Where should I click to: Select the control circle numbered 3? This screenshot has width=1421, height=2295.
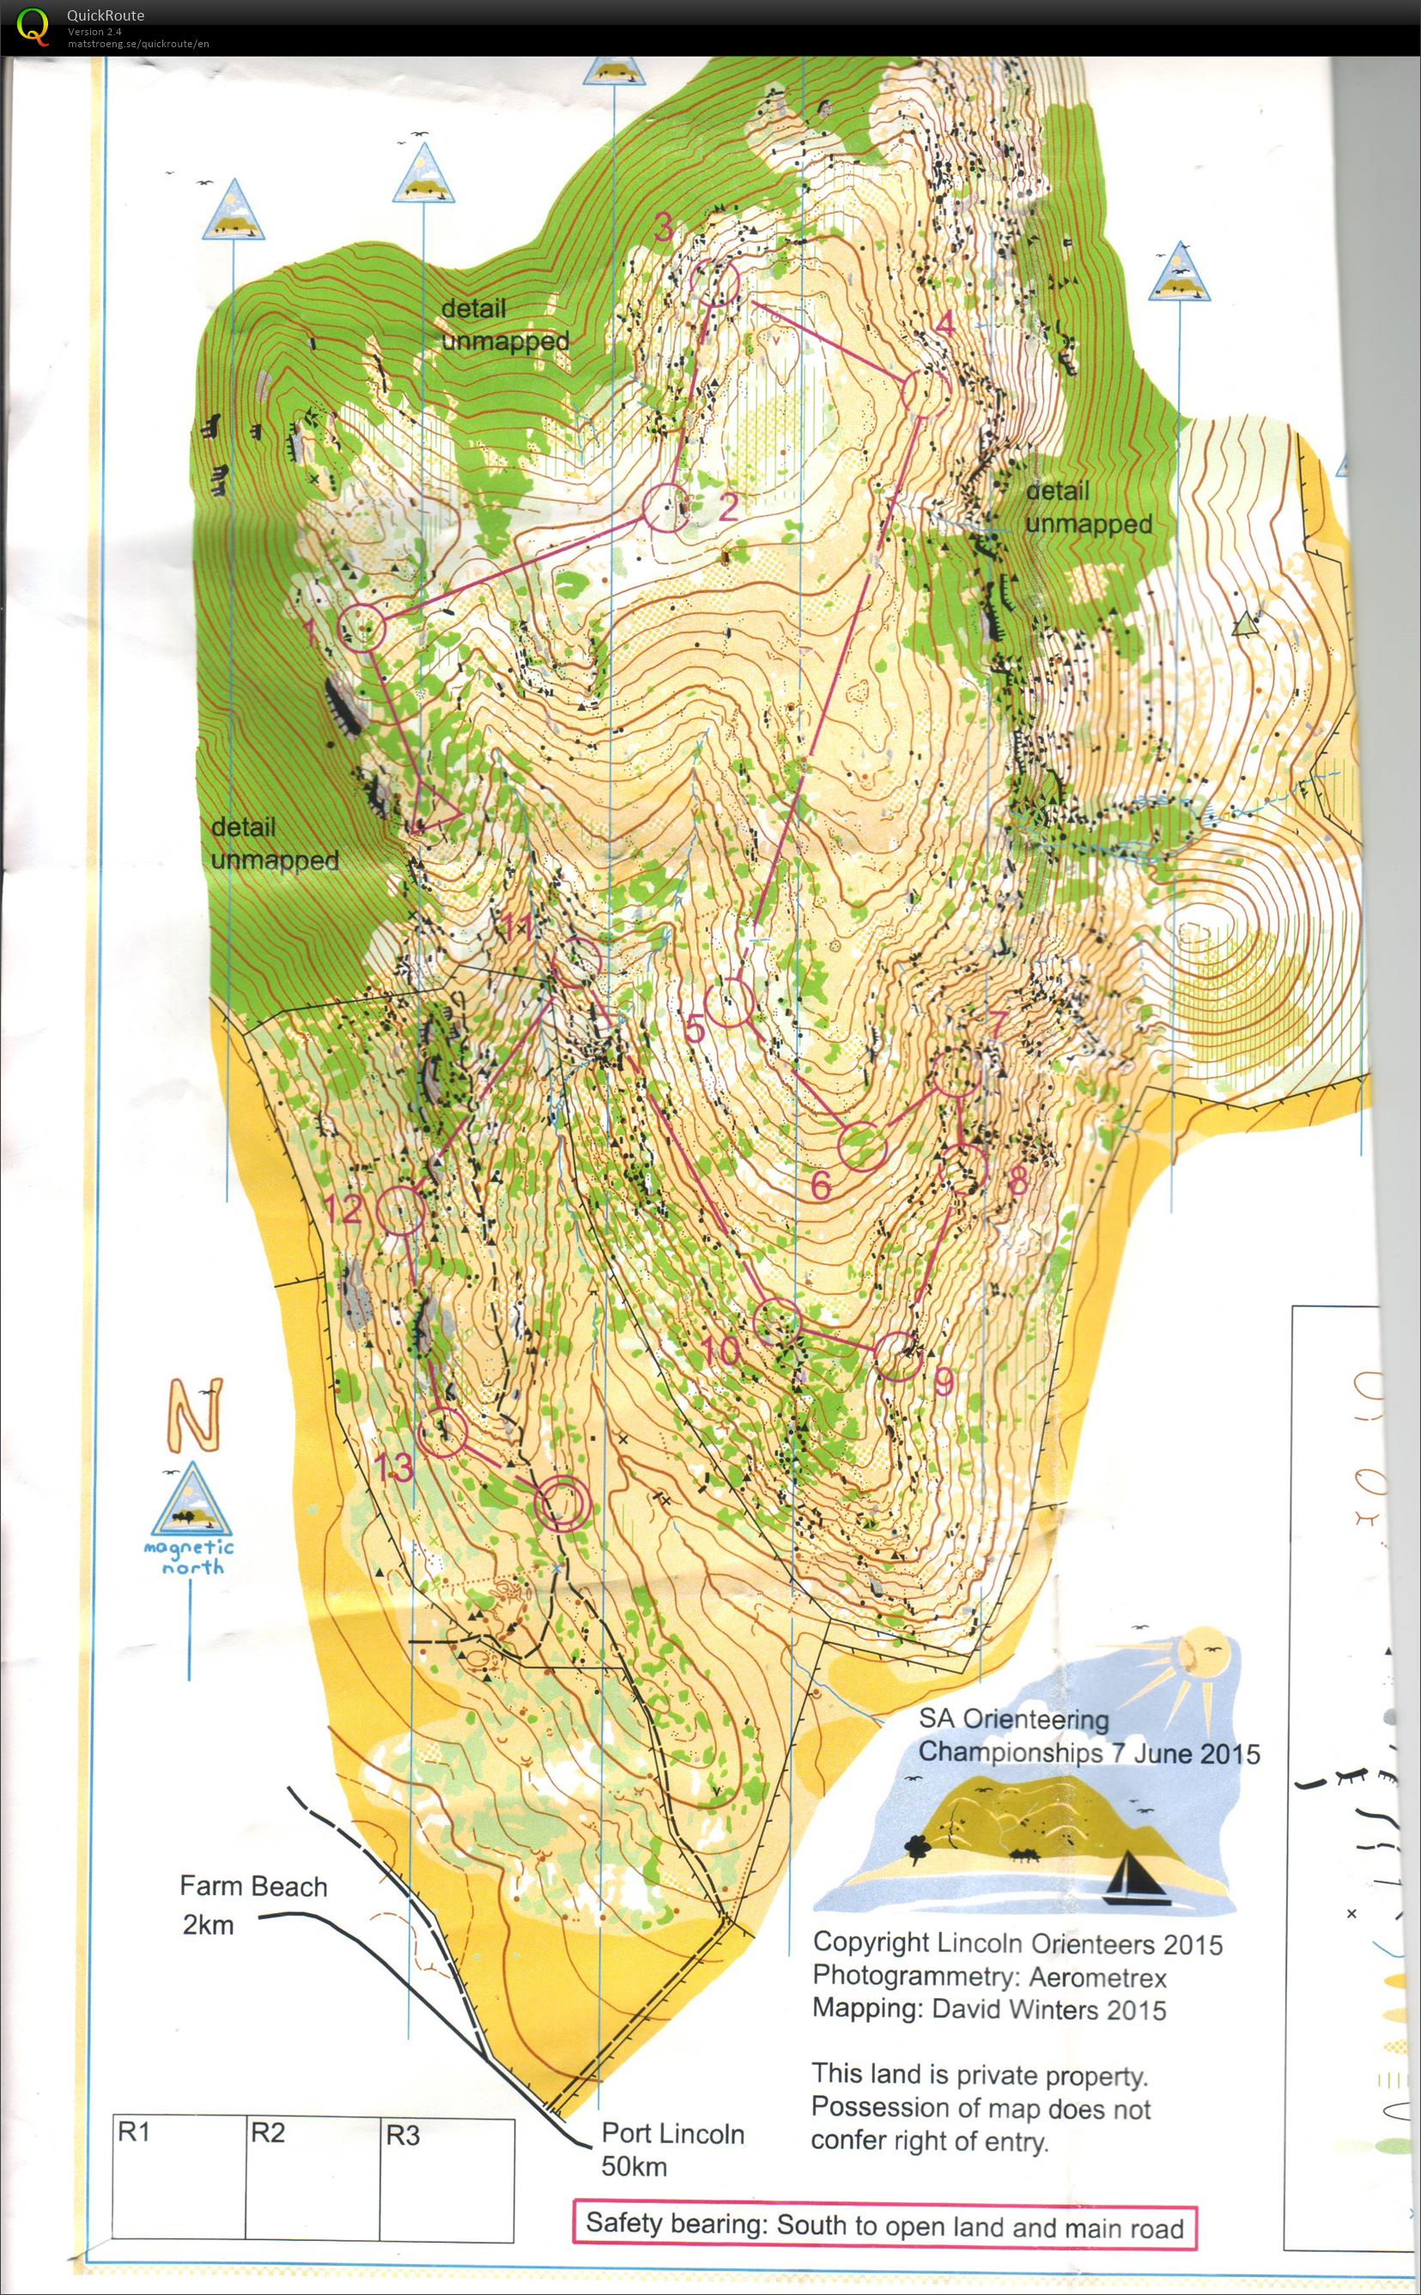tap(716, 282)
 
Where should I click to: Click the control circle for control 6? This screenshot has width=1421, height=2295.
tap(862, 1146)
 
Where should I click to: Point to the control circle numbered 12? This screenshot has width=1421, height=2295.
tap(400, 1211)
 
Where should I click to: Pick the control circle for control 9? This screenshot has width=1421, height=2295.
tap(897, 1355)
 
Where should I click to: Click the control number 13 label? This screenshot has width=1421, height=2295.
tap(393, 1467)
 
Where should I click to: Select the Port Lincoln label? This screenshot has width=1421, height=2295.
tap(673, 2134)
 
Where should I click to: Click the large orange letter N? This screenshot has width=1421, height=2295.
tap(196, 1413)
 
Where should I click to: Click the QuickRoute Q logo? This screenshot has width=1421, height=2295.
tap(33, 26)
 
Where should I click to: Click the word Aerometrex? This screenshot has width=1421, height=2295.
tap(1096, 1977)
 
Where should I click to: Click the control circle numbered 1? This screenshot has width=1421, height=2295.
tap(361, 627)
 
